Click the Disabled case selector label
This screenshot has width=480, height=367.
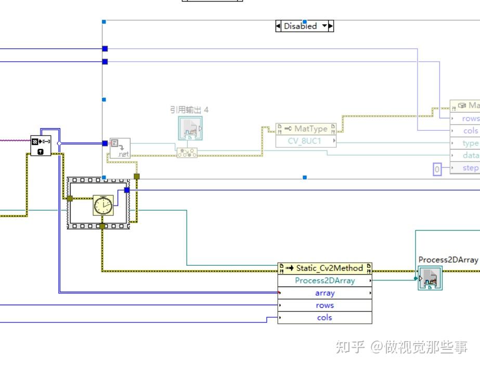pos(300,26)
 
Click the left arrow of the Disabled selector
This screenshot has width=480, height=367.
pos(278,26)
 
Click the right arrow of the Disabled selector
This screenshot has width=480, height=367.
pos(331,26)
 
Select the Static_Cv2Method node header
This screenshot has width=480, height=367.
pos(325,268)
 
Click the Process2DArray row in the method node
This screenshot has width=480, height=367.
pos(325,280)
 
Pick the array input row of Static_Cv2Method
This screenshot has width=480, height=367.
pos(325,293)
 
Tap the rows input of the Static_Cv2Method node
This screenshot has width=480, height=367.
pos(325,305)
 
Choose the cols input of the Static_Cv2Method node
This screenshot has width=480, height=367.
pos(325,317)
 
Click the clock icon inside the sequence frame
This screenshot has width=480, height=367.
pos(103,205)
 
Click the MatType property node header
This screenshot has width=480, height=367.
pos(306,129)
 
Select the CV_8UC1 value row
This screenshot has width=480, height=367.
pos(306,141)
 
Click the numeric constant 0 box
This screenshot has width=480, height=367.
pos(437,169)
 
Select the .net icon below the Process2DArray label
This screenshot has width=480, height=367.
pos(430,278)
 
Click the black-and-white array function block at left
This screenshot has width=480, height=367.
pos(41,145)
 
